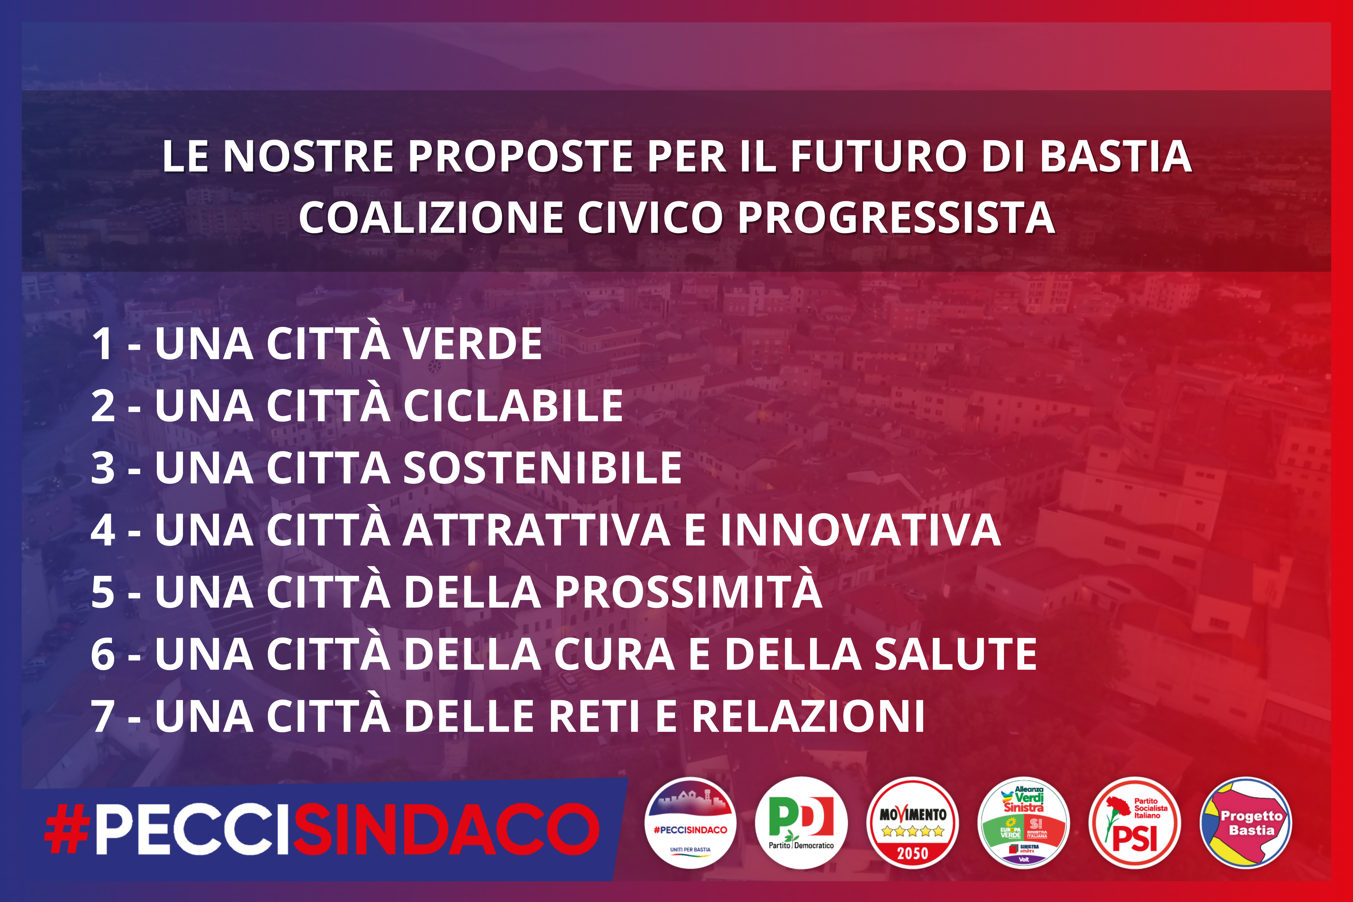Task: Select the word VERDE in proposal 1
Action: (472, 344)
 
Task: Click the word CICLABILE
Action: (513, 406)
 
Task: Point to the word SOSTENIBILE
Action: (542, 468)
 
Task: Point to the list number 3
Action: (103, 468)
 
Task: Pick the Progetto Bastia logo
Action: (1246, 823)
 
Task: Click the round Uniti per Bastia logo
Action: (690, 823)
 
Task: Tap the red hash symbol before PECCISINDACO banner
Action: (67, 829)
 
